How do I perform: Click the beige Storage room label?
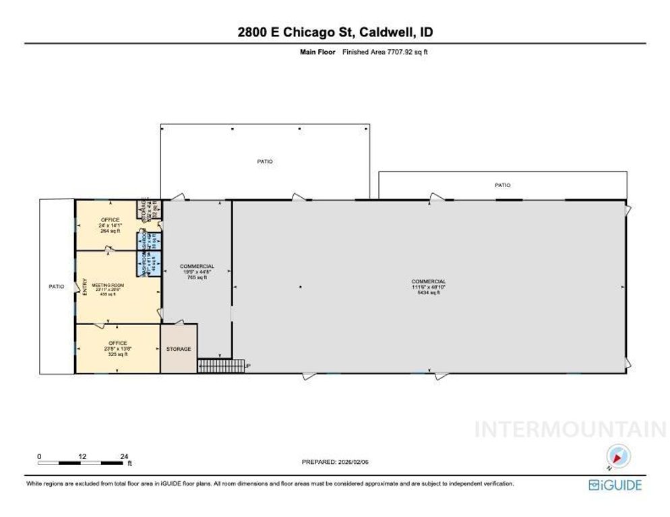(179, 349)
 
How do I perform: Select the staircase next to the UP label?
(220, 366)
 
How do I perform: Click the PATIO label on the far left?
(56, 287)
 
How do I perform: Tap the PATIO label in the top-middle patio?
(265, 162)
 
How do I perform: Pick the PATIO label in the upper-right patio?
(502, 185)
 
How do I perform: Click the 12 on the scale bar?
(82, 456)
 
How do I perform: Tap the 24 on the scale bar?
(124, 456)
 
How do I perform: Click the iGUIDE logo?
(615, 485)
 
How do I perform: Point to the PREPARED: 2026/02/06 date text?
(335, 462)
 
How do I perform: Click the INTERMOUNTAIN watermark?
(570, 429)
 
